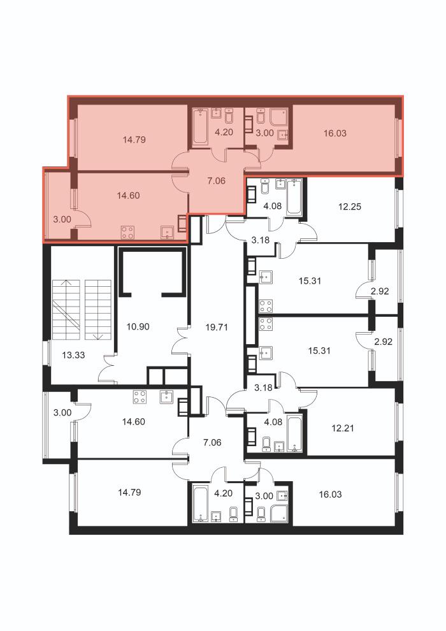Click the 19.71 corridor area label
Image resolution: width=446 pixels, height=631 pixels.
click(x=217, y=327)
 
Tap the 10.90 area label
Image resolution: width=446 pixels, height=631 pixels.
click(x=138, y=326)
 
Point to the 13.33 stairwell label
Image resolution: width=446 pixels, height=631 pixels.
click(x=74, y=355)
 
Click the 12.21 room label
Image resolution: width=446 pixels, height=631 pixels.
click(x=343, y=428)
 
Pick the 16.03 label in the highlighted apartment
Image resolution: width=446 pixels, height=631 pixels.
click(x=335, y=133)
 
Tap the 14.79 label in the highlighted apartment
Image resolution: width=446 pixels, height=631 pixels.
click(x=134, y=140)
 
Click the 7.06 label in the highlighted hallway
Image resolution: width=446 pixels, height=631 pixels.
click(x=217, y=180)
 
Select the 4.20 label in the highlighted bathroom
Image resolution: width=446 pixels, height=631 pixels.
click(x=224, y=131)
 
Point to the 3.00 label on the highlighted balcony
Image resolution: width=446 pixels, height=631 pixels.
click(x=62, y=219)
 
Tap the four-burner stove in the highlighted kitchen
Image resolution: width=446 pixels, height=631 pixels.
click(x=128, y=232)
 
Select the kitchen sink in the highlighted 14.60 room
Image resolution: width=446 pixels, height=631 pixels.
click(x=167, y=233)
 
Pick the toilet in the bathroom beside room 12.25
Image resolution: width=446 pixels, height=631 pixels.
click(x=266, y=187)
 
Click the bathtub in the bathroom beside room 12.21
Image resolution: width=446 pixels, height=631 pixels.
click(x=295, y=432)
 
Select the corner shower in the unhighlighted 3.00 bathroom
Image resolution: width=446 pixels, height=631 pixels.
click(x=280, y=514)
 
